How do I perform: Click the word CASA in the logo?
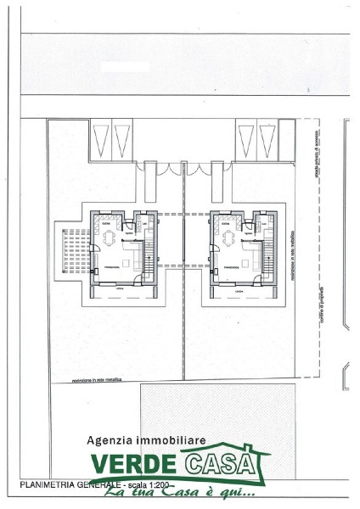[222, 466]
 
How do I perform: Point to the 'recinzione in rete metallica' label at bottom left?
[85, 381]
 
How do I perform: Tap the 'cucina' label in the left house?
[105, 218]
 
